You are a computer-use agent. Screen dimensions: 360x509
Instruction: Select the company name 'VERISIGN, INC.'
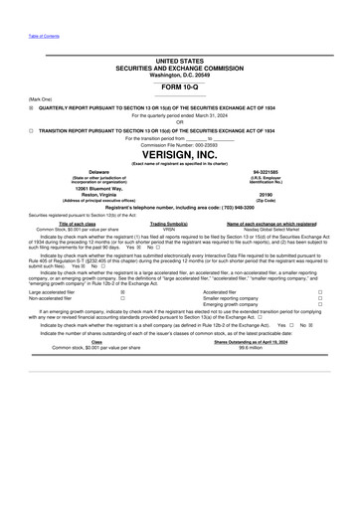[179, 157]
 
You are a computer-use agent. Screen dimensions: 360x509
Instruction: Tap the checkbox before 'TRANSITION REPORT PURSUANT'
[31, 129]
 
